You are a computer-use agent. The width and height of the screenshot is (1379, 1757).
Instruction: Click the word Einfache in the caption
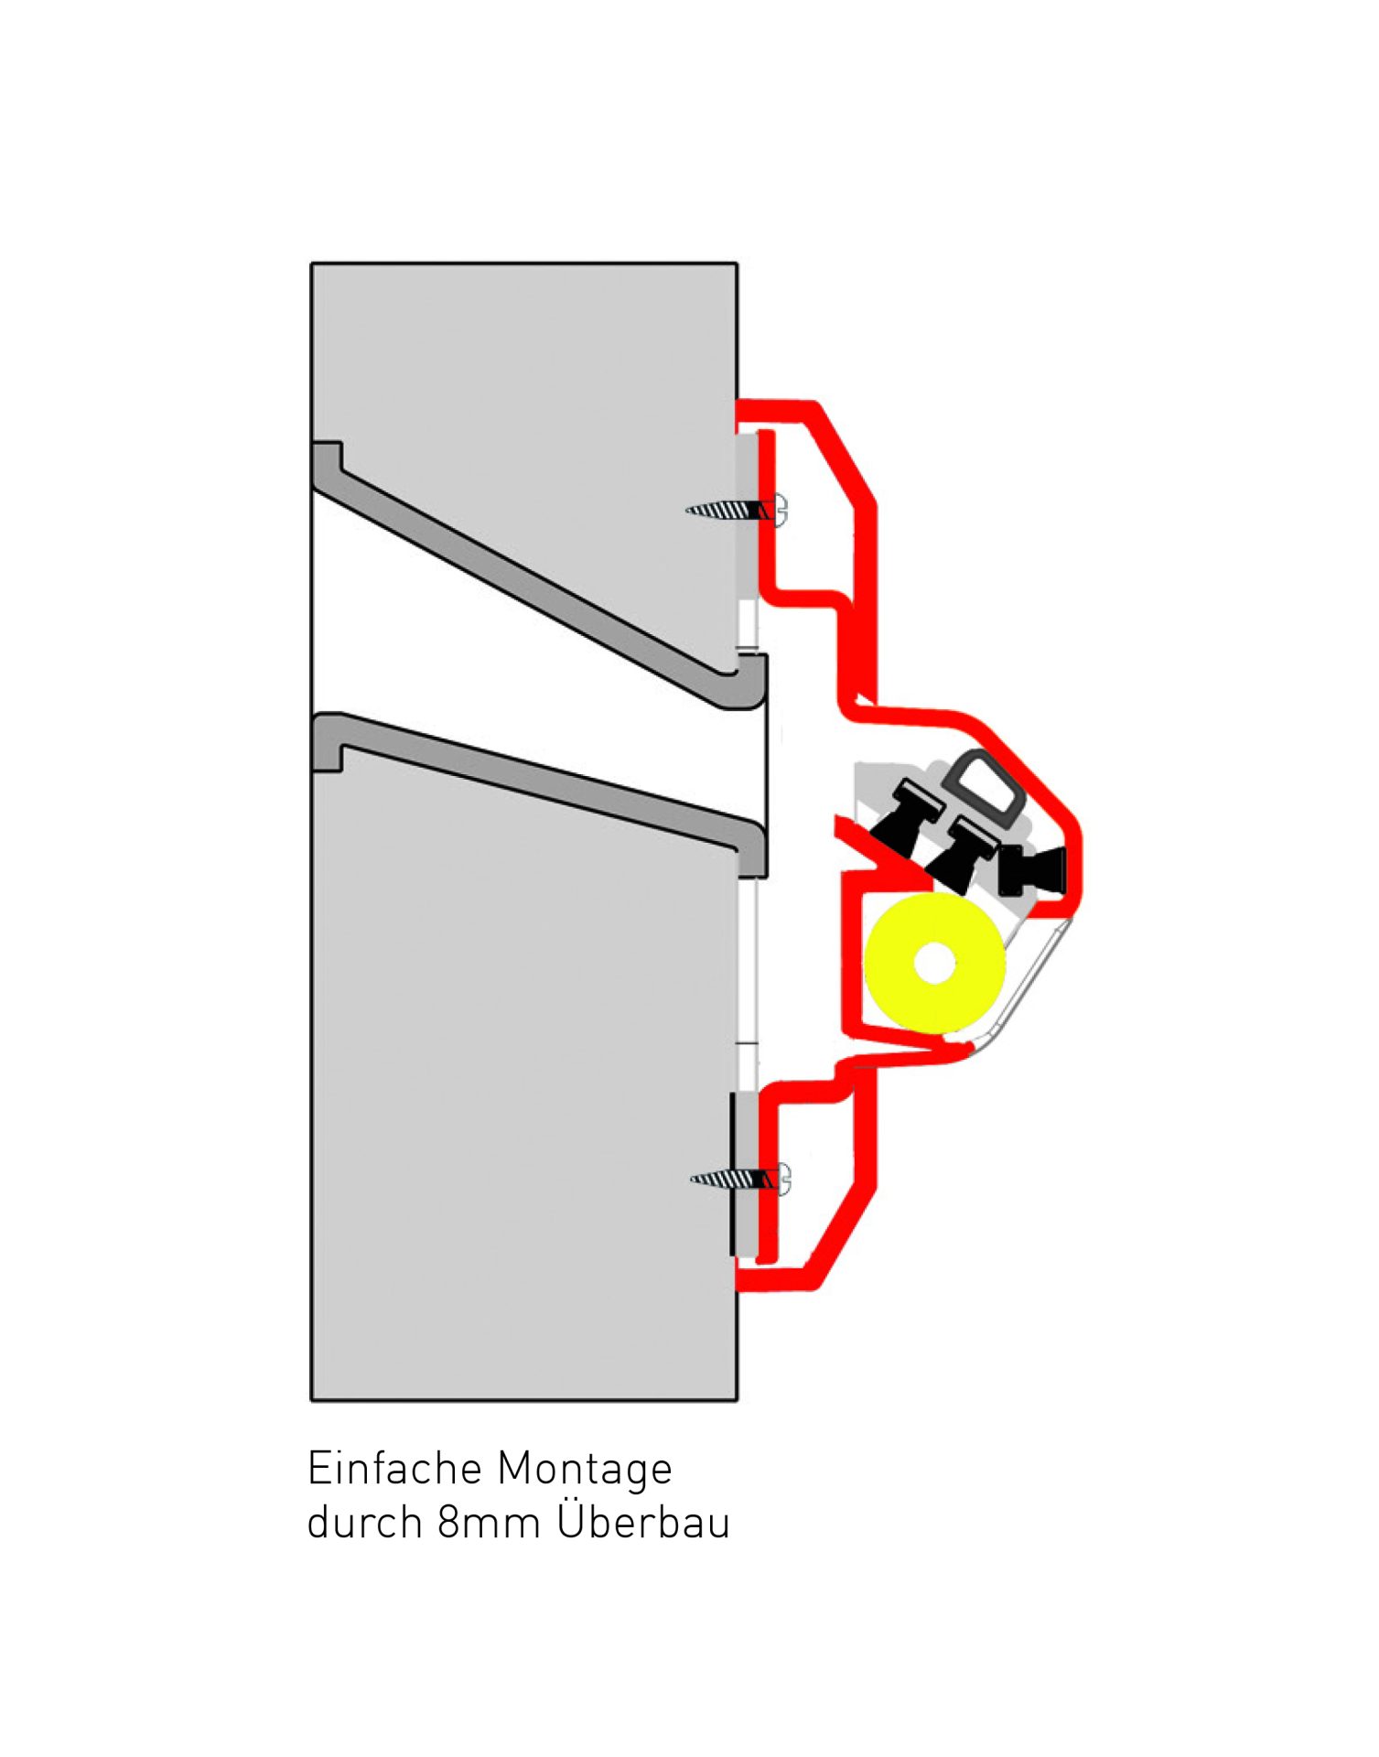394,1469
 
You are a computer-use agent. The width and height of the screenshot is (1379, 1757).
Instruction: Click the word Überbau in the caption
644,1520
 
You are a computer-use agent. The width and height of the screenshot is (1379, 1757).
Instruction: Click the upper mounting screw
737,511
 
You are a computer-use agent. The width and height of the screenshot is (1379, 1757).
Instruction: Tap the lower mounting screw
740,1180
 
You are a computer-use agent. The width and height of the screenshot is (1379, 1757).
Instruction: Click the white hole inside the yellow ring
934,963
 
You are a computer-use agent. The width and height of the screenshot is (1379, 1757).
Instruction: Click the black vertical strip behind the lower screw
732,1173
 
